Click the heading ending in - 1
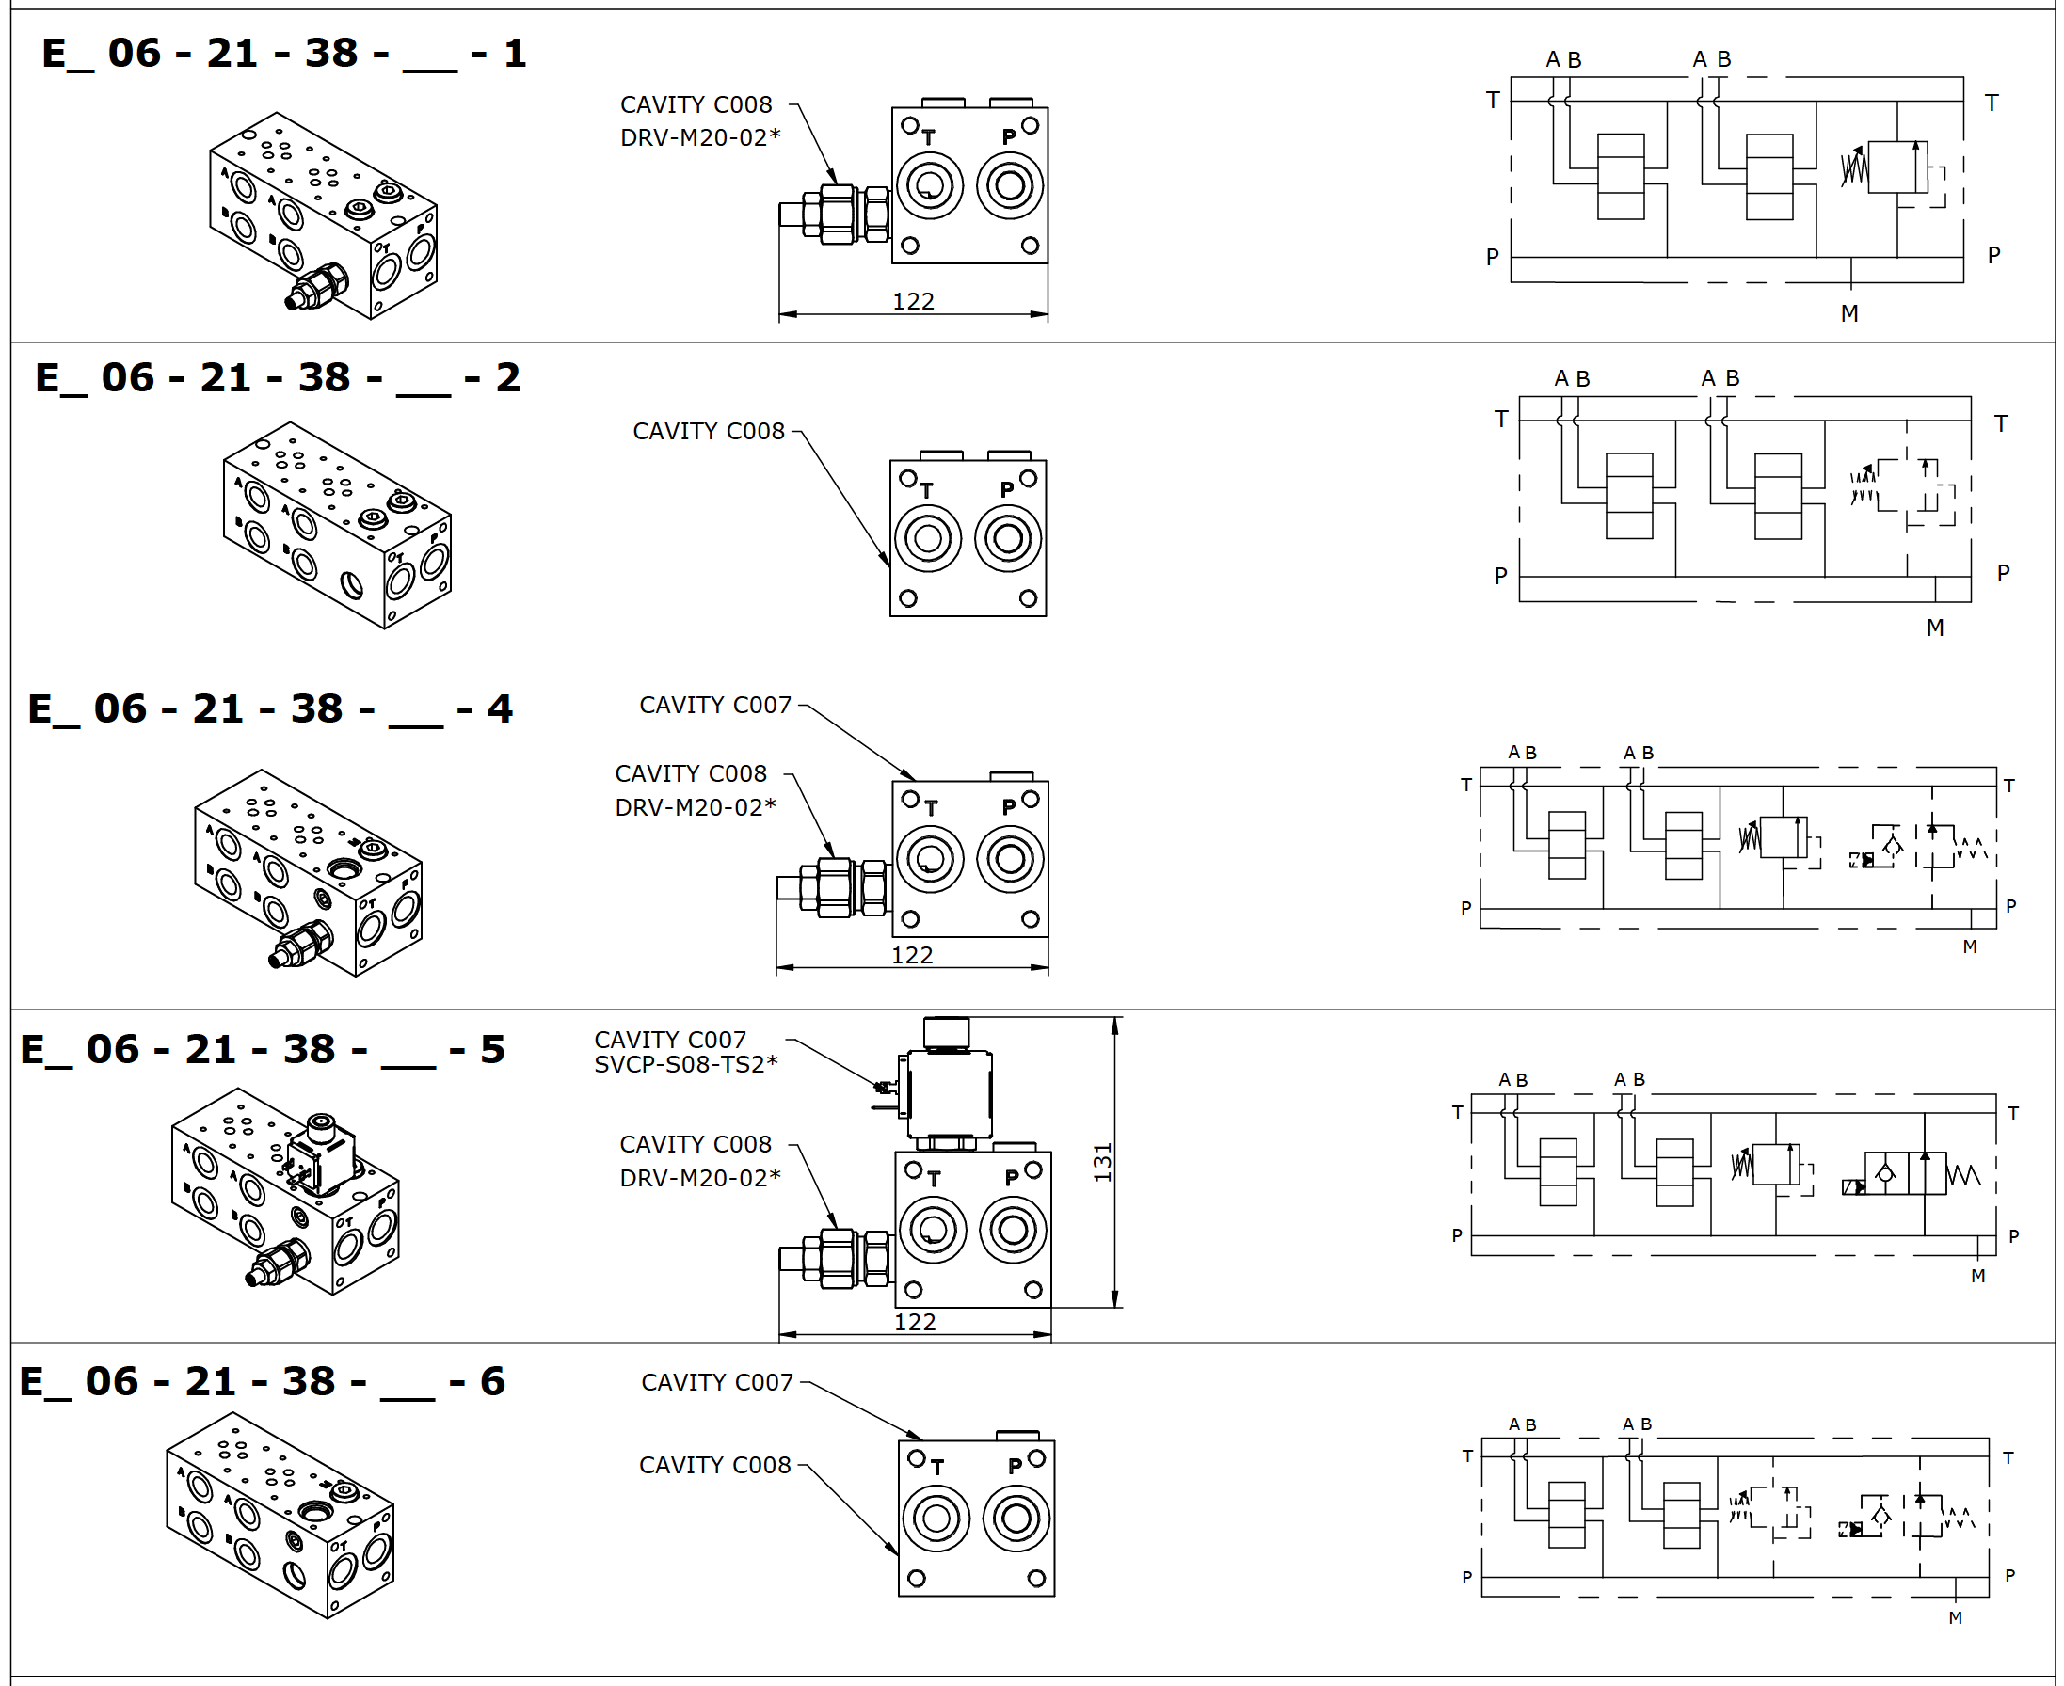tap(283, 54)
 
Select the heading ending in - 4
tap(269, 709)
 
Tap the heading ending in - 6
tap(263, 1382)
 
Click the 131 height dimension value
tap(1102, 1163)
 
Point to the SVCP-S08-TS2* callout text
tap(686, 1064)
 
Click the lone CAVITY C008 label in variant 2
tap(708, 431)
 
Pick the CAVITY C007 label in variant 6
tap(717, 1382)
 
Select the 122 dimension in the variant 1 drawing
tap(913, 302)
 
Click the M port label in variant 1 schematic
tap(1849, 313)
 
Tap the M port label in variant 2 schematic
tap(1935, 628)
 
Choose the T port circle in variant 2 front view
tap(928, 539)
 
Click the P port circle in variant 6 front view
tap(1016, 1518)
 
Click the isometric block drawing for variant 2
tap(337, 525)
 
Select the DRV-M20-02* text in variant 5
tap(699, 1178)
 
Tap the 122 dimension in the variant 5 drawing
tap(914, 1322)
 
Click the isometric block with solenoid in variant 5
tap(284, 1191)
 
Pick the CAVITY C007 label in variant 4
tap(715, 705)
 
